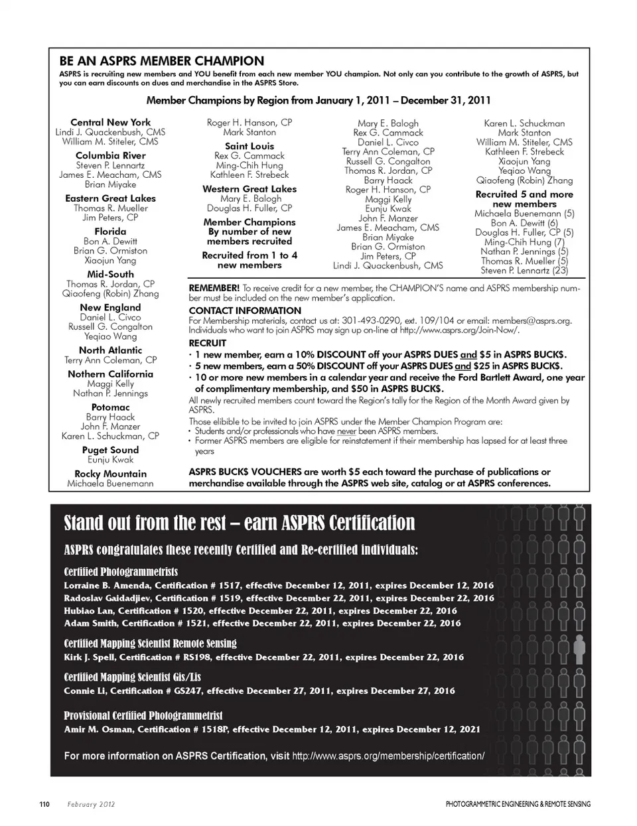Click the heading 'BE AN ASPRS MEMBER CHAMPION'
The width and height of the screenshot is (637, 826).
tap(162, 61)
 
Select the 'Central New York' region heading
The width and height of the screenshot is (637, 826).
tap(111, 122)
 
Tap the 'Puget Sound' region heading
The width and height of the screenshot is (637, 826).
tap(110, 450)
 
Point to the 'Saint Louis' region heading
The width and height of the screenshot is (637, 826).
tap(249, 146)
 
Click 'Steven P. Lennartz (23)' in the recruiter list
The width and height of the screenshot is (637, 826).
tap(524, 271)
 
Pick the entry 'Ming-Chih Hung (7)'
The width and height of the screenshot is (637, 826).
tap(524, 242)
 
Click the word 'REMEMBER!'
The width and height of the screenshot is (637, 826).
tap(214, 289)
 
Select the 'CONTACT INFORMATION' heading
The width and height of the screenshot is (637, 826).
tap(245, 310)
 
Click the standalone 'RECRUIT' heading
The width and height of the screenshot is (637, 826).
tap(208, 343)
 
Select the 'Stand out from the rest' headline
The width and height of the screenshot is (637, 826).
tap(240, 523)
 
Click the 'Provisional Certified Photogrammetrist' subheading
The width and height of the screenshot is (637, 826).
tap(143, 716)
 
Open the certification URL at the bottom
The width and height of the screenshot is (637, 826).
tap(388, 756)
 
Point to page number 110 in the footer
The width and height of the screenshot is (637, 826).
tap(44, 804)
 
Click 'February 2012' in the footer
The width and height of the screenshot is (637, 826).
tap(91, 804)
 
